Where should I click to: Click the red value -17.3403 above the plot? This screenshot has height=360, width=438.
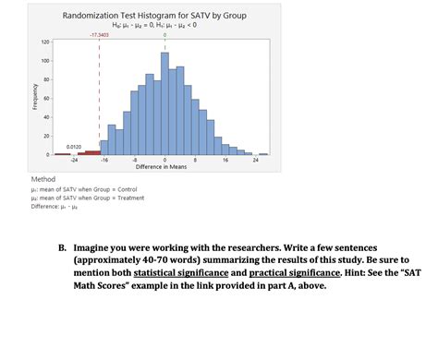(99, 34)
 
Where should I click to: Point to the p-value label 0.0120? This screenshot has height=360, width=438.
(75, 147)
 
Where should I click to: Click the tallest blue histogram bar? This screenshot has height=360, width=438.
(164, 102)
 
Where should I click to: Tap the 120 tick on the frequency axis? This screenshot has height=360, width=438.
(44, 42)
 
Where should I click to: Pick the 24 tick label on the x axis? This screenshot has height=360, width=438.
(254, 160)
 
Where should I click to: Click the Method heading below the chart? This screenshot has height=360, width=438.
(43, 178)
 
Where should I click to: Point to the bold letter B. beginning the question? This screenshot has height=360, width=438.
(63, 248)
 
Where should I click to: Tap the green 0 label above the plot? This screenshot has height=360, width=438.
(164, 34)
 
